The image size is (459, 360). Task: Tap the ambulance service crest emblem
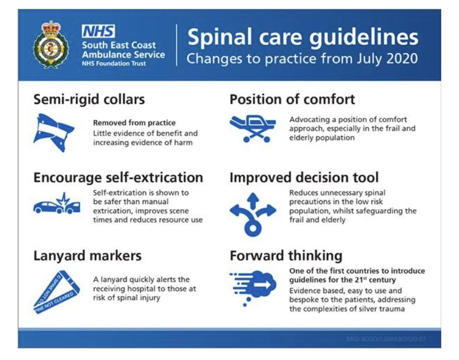click(51, 45)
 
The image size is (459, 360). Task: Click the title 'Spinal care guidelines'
click(302, 38)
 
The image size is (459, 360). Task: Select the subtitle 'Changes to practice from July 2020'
click(302, 58)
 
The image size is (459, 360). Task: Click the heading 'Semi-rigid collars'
click(89, 100)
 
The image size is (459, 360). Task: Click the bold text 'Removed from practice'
click(134, 123)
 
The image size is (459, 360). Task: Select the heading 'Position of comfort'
click(292, 100)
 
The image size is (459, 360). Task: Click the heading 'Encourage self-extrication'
click(118, 178)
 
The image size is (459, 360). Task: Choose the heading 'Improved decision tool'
click(304, 178)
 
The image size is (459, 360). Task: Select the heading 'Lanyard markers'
click(87, 255)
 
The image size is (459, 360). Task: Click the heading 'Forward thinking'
click(285, 255)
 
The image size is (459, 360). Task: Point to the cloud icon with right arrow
click(252, 285)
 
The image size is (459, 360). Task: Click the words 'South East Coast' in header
click(119, 45)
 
